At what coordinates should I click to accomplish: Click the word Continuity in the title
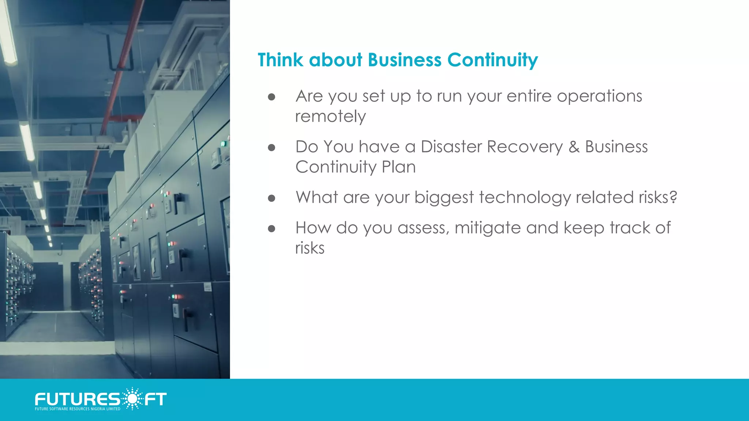point(492,60)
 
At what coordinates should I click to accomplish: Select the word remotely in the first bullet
point(330,117)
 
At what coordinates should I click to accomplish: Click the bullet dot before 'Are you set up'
point(271,97)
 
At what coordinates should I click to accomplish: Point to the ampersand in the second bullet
point(574,147)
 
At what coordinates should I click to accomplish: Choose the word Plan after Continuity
point(399,167)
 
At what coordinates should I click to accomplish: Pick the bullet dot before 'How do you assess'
point(271,229)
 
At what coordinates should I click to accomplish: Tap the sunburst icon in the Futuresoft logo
point(132,398)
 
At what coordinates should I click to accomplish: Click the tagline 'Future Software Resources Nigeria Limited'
point(78,409)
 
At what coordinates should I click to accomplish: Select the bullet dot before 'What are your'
point(271,198)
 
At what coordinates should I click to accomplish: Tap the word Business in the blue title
point(404,60)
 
